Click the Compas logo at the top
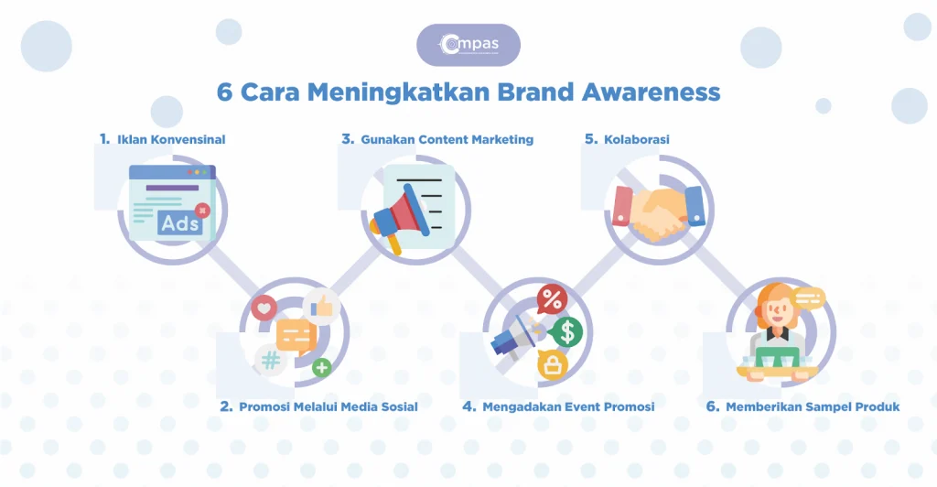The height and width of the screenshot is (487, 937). tap(468, 45)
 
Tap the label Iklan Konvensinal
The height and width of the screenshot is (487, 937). tap(171, 140)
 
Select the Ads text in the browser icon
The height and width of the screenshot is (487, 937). tap(179, 222)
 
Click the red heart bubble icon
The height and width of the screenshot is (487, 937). tap(263, 308)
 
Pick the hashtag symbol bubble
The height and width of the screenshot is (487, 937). tap(270, 360)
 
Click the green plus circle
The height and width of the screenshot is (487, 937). tap(321, 368)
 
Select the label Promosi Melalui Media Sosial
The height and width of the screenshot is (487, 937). tap(328, 406)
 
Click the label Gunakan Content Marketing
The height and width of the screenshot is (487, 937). tap(447, 140)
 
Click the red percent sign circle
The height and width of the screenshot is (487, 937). tap(552, 298)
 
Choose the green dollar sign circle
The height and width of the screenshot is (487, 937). tap(567, 332)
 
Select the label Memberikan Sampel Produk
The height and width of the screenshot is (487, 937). tap(813, 406)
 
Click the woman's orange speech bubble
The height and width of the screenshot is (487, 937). tap(809, 298)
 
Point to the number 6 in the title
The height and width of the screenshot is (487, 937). tap(224, 92)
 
